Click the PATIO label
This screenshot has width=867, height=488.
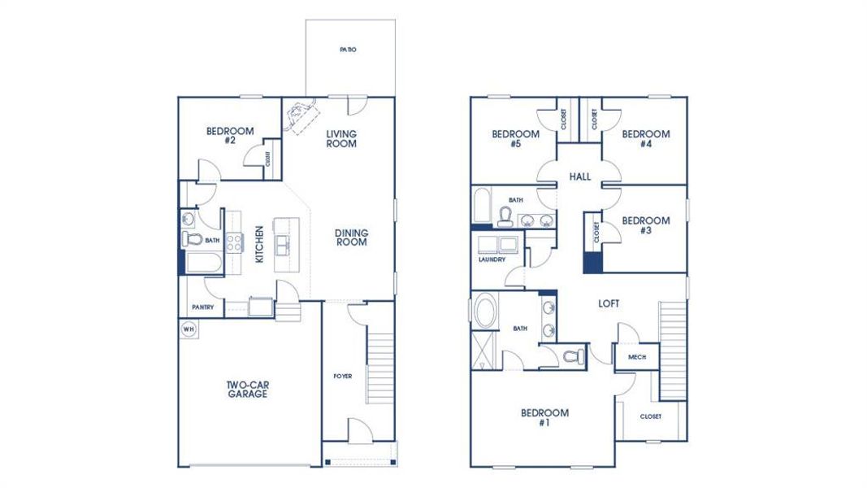pos(348,50)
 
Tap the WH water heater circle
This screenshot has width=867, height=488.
pos(189,329)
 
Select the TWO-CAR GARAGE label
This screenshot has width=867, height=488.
pos(247,390)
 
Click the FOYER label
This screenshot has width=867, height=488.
pos(342,376)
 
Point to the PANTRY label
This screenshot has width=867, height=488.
pos(202,307)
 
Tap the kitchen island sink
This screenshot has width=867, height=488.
pos(285,244)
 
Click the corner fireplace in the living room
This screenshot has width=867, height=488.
pos(298,115)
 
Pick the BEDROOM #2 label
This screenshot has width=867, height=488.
pos(230,135)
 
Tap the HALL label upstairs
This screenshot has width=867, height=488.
pos(580,176)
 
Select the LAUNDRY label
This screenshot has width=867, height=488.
pos(492,260)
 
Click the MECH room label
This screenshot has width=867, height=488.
pos(636,357)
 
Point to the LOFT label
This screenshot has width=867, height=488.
pos(609,303)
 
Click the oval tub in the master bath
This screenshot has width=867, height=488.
pos(486,312)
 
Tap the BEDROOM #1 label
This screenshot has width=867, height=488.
pos(544,417)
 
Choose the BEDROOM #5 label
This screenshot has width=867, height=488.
pos(516,139)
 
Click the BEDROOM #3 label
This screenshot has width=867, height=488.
pos(646,225)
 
